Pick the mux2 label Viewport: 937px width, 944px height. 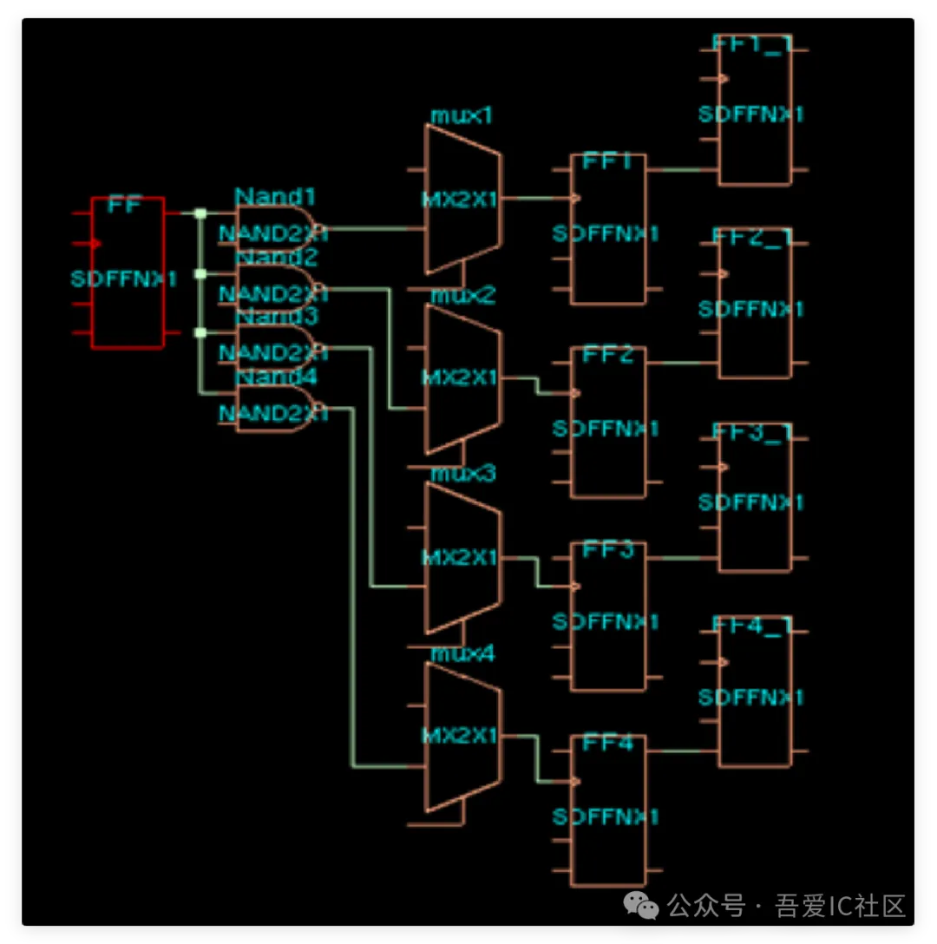pos(463,296)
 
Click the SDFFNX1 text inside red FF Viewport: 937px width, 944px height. pos(124,279)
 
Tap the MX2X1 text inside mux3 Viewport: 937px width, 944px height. pos(460,557)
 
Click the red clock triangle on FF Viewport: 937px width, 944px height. pos(96,243)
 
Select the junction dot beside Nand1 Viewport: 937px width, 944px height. pos(200,213)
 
